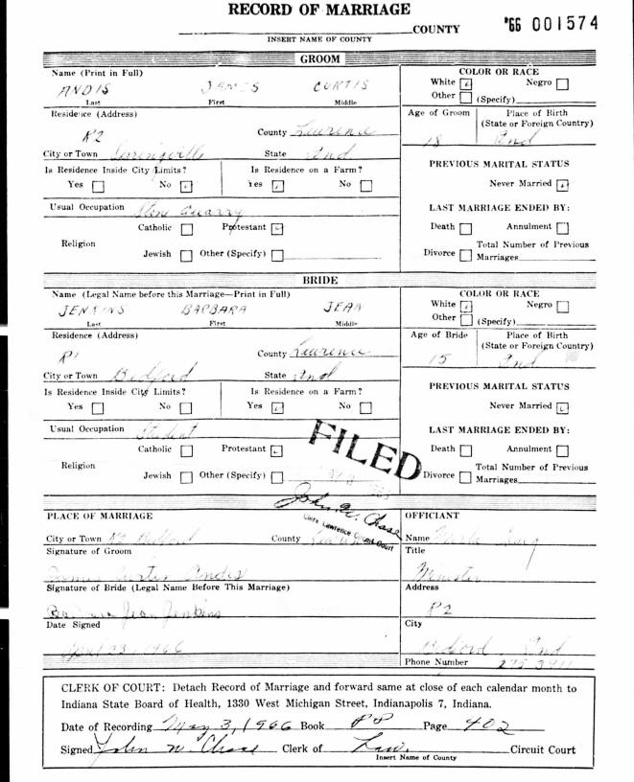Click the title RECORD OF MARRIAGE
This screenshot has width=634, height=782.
(x=317, y=10)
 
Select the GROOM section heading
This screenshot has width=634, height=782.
(x=317, y=58)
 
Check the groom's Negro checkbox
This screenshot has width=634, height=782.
(x=562, y=83)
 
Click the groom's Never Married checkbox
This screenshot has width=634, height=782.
(x=563, y=184)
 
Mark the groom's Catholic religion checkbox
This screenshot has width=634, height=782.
(x=186, y=229)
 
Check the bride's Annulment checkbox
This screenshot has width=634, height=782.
(x=562, y=449)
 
